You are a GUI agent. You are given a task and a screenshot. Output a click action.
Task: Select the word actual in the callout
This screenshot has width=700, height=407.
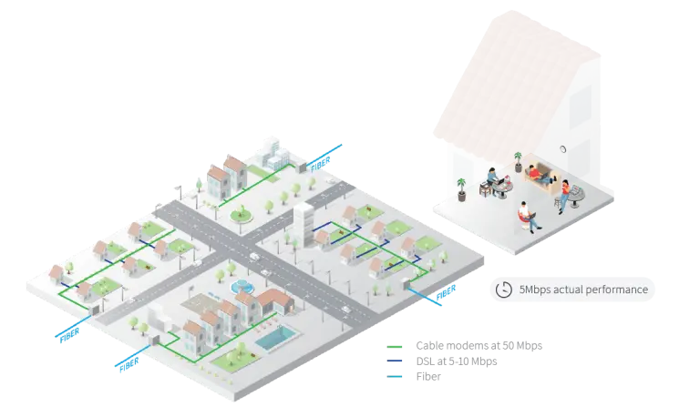577,290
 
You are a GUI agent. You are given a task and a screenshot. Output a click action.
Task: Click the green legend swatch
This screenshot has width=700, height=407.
396,346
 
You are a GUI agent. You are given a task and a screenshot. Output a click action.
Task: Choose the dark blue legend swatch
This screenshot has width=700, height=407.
396,361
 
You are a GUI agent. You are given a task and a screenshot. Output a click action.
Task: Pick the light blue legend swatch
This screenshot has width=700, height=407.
396,375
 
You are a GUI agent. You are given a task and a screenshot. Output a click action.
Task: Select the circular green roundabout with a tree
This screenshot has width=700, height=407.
242,216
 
